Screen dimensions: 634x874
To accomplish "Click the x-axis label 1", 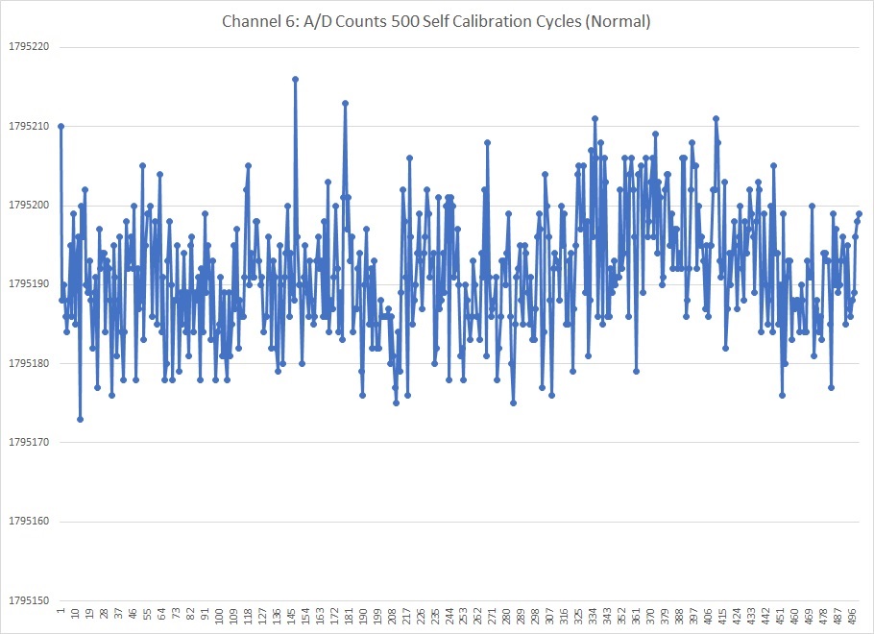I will [x=61, y=611].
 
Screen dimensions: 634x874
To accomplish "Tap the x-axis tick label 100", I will [x=219, y=615].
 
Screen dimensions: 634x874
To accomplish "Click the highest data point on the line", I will [x=296, y=79].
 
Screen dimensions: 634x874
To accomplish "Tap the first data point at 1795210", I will [x=61, y=126].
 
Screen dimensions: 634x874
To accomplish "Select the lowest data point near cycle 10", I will [x=81, y=419].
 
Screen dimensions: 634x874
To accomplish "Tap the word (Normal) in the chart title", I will [x=618, y=21].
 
